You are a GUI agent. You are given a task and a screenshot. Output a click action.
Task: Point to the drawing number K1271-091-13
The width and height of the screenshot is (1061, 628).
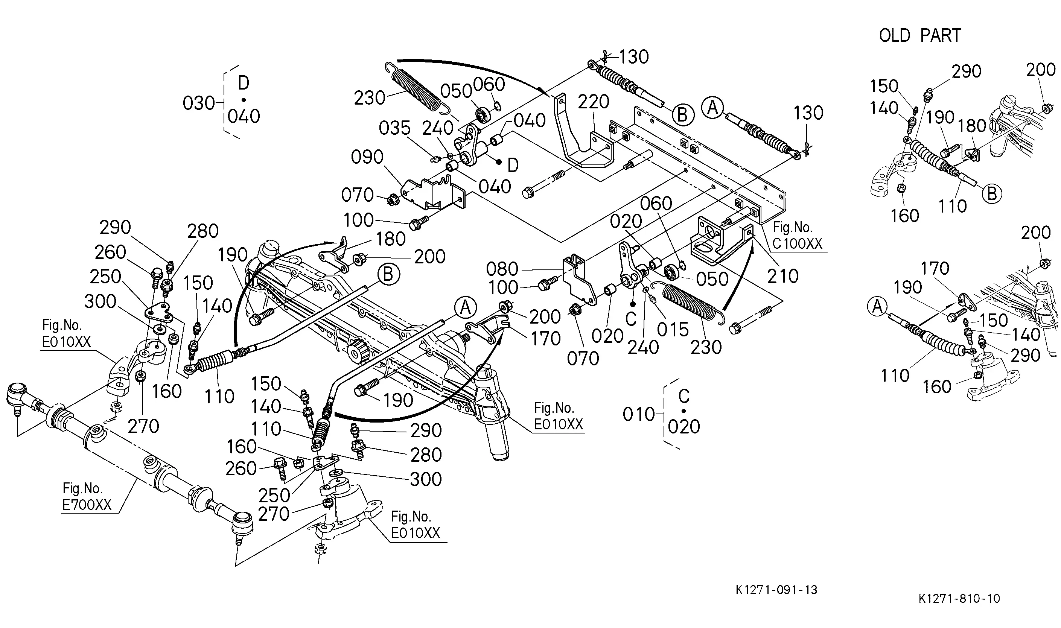tap(776, 590)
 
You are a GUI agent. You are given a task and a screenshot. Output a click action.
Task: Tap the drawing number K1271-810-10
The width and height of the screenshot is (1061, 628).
tap(959, 598)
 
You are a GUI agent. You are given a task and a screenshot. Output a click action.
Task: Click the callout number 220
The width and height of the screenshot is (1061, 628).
tap(593, 102)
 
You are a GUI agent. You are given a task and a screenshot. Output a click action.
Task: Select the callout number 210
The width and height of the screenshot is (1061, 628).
tap(782, 276)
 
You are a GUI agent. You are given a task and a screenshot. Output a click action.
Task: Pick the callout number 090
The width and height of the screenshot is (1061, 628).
tap(367, 157)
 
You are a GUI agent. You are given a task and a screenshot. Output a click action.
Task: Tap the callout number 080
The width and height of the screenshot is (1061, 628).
tap(502, 269)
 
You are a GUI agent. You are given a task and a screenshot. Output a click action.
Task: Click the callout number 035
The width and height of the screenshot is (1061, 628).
tap(395, 128)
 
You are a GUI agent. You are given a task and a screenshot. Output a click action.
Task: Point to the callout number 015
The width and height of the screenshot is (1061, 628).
tap(673, 330)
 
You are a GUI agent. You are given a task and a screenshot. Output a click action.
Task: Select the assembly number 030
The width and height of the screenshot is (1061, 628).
tap(199, 103)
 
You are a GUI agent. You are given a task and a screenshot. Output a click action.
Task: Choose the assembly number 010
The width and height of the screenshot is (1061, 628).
tap(639, 415)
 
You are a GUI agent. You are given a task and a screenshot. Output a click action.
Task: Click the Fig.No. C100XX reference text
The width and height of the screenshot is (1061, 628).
tap(797, 236)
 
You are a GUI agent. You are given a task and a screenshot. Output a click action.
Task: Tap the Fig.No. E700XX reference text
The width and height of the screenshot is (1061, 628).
tap(87, 496)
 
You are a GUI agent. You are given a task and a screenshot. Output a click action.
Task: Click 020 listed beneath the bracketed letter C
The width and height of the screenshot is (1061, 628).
tap(684, 427)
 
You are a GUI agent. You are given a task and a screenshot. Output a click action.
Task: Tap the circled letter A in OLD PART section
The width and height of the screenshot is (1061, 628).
tap(877, 306)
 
